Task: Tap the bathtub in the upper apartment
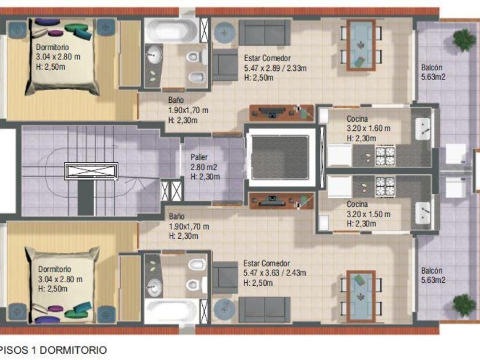pyautogui.click(x=171, y=30)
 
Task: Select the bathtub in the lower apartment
pyautogui.click(x=171, y=311)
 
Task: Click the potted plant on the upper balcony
pyautogui.click(x=465, y=40)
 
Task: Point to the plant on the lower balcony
pyautogui.click(x=465, y=305)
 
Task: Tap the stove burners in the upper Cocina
pyautogui.click(x=385, y=156)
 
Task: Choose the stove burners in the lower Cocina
pyautogui.click(x=385, y=186)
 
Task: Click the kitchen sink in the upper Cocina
pyautogui.click(x=423, y=129)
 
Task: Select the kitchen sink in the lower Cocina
pyautogui.click(x=423, y=213)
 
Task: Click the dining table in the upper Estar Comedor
pyautogui.click(x=361, y=45)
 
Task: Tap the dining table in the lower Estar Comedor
pyautogui.click(x=361, y=297)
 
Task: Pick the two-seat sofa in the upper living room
pyautogui.click(x=265, y=33)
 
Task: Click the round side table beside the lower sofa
pyautogui.click(x=225, y=309)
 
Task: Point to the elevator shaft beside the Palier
pyautogui.click(x=281, y=157)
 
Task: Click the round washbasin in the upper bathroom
pyautogui.click(x=154, y=55)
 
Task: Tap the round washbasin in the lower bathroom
pyautogui.click(x=154, y=287)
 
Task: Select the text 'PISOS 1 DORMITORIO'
pyautogui.click(x=53, y=350)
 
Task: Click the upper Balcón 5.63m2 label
pyautogui.click(x=433, y=72)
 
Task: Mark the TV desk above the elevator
pyautogui.click(x=282, y=113)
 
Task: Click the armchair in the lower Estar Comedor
pyautogui.click(x=225, y=278)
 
